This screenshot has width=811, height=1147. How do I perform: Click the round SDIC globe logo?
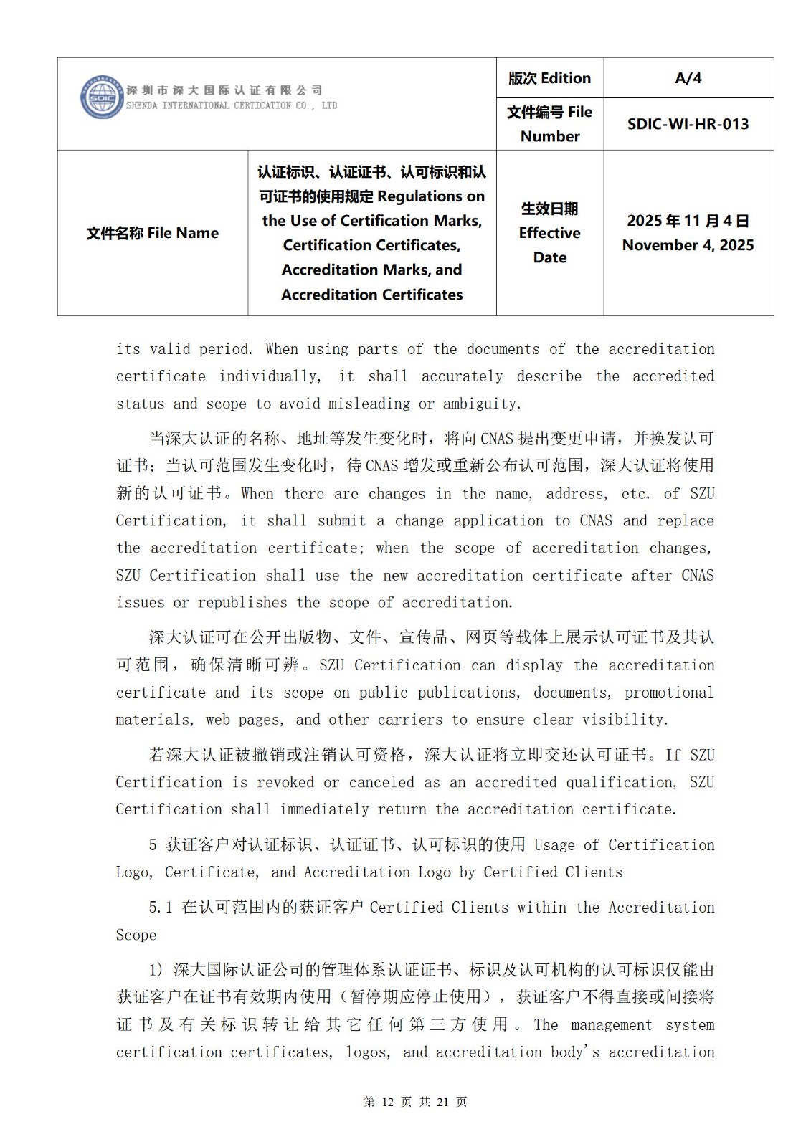[x=102, y=97]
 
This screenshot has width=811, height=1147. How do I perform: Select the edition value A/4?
[x=688, y=78]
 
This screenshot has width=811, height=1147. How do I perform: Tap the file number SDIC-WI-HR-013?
[x=688, y=124]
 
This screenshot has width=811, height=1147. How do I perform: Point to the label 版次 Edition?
[x=549, y=78]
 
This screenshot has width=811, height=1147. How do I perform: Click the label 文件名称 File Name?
[x=152, y=233]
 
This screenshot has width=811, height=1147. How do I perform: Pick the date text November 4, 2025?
[x=688, y=245]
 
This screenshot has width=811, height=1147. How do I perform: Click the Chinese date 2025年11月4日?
[x=688, y=221]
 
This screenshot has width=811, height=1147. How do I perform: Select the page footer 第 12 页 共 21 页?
[x=415, y=1102]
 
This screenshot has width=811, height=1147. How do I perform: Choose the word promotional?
[x=669, y=693]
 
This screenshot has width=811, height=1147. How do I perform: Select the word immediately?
[x=323, y=809]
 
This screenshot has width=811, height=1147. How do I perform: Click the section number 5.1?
[x=161, y=908]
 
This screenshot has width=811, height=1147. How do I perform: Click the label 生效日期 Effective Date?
[x=549, y=233]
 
